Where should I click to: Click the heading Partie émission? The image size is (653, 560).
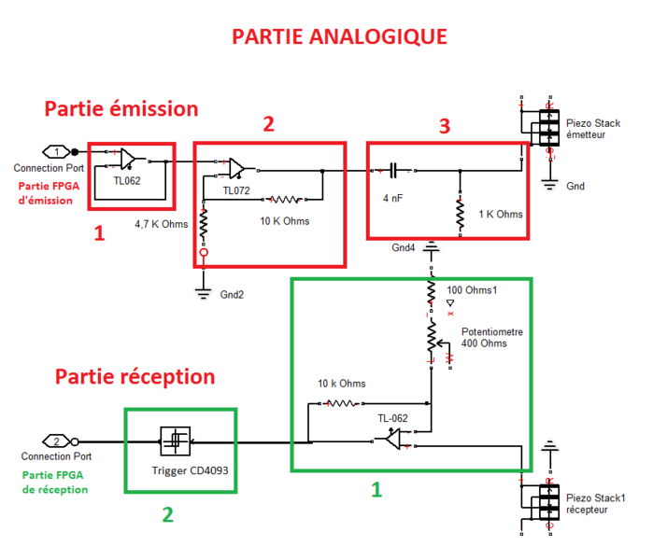121,108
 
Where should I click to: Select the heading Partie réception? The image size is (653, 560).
135,377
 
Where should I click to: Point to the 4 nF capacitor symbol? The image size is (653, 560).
394,171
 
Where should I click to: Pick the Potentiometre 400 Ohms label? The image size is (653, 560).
492,339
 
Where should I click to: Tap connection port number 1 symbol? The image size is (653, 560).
57,151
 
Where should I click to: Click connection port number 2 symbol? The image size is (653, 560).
57,441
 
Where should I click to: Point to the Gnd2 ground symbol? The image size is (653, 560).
202,292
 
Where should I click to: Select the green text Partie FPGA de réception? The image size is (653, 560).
55,482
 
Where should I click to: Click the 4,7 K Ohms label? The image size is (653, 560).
162,224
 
